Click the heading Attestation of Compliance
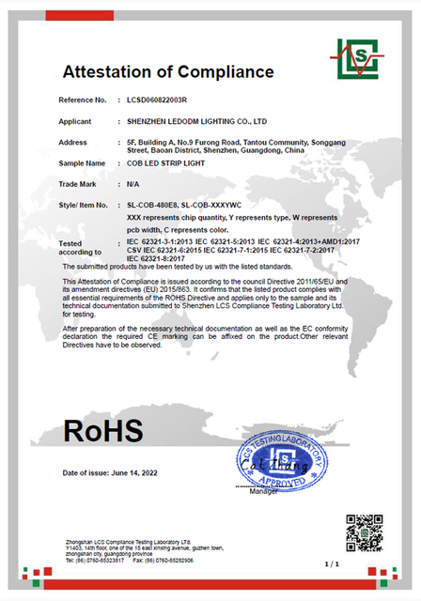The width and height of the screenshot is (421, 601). (168, 72)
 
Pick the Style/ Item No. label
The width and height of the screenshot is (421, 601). (83, 204)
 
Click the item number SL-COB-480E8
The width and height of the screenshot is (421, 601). (151, 204)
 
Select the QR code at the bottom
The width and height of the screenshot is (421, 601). (364, 532)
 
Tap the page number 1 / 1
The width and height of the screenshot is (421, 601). (330, 564)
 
